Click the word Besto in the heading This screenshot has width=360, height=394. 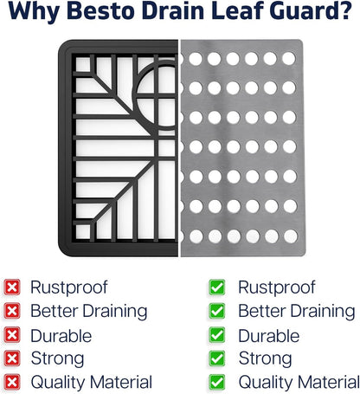[102, 11]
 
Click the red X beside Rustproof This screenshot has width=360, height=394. [12, 287]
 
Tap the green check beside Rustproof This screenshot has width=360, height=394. [217, 287]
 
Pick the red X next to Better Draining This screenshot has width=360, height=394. [12, 311]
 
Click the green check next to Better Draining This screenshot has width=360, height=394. [217, 311]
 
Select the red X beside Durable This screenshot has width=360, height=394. [12, 335]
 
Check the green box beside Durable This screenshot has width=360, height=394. [217, 335]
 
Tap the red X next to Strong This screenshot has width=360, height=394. [12, 358]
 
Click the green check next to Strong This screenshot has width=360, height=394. [217, 358]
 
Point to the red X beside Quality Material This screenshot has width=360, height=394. [12, 382]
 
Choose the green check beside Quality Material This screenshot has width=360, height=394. [217, 382]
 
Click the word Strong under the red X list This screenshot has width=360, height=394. [57, 359]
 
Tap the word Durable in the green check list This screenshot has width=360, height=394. [269, 336]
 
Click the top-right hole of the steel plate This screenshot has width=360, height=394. [289, 59]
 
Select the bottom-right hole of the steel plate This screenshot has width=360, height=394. [291, 236]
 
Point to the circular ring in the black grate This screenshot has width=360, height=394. [135, 95]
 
